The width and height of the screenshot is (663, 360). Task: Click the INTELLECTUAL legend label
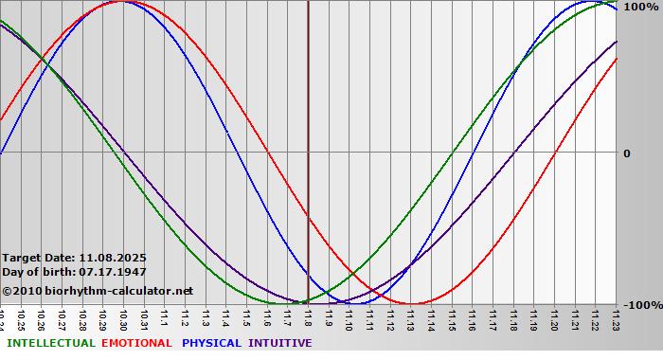[x=50, y=343]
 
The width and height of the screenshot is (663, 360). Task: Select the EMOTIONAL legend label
[x=136, y=343]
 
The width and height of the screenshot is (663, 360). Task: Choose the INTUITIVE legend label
[x=280, y=343]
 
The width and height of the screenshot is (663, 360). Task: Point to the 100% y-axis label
[x=639, y=7]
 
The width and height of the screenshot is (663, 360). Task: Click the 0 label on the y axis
[x=626, y=153]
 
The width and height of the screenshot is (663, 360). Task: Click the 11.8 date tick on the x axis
[x=308, y=317]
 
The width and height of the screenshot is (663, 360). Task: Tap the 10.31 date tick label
[x=144, y=317]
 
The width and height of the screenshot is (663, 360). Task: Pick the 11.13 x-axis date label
[x=411, y=317]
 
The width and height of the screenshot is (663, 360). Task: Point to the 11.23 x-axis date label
[x=617, y=317]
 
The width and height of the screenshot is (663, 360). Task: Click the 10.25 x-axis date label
[x=21, y=317]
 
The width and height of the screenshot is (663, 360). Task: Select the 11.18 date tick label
[x=513, y=317]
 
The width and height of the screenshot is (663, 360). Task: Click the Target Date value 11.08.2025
[x=113, y=257]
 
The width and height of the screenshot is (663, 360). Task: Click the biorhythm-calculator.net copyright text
[x=98, y=290]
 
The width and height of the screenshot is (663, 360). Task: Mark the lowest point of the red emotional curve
[x=411, y=304]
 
